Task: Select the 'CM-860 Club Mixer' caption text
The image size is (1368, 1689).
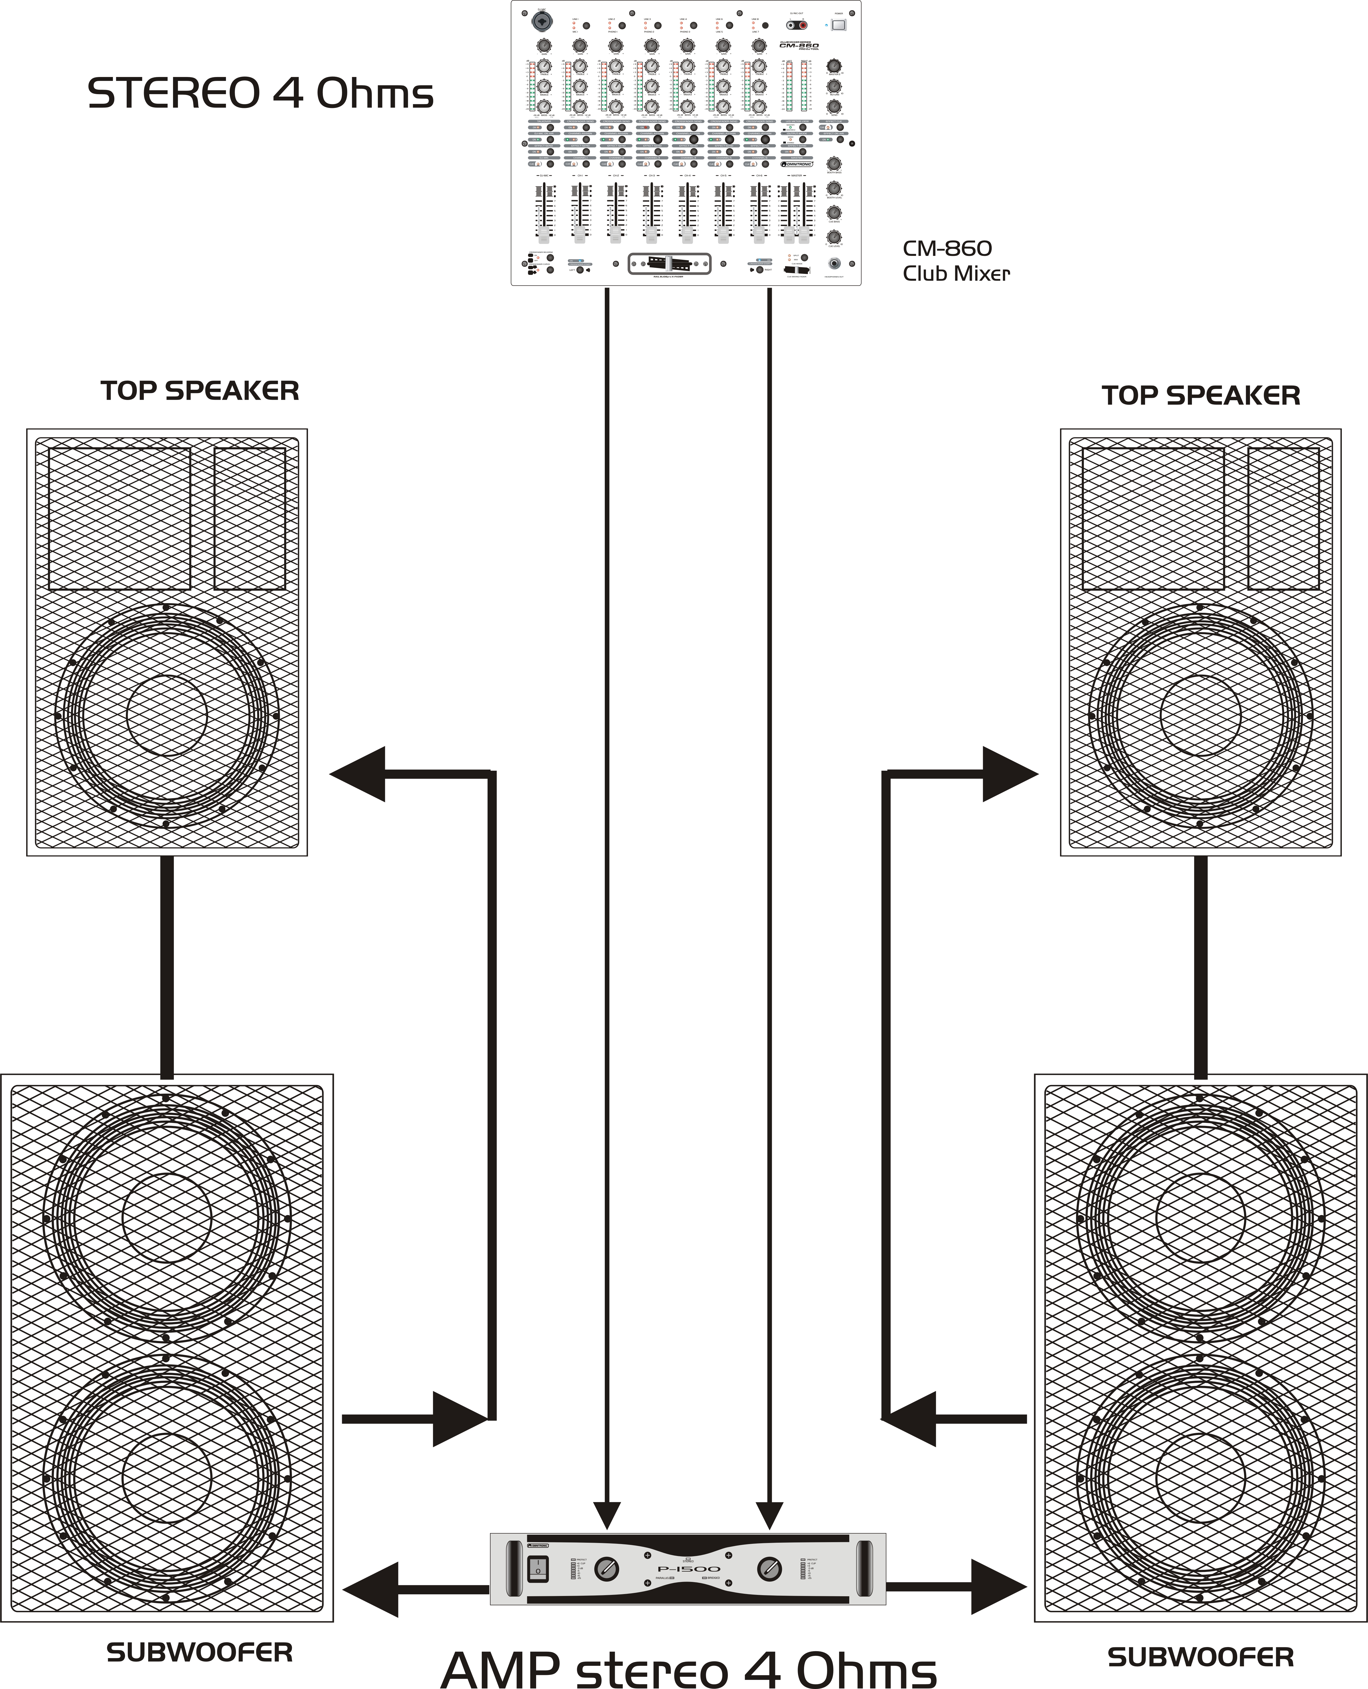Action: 955,261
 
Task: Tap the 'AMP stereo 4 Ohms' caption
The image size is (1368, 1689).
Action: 688,1669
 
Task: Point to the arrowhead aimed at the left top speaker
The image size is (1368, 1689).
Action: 358,774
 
